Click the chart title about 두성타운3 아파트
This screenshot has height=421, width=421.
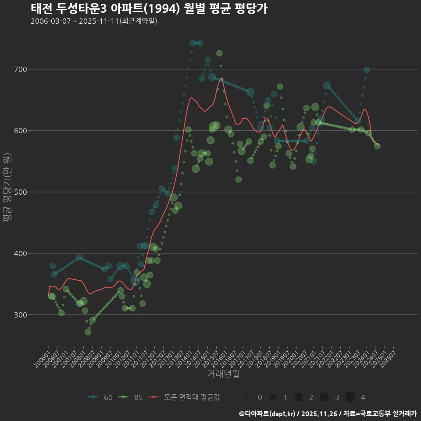149,9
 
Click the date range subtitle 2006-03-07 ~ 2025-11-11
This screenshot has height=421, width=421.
94,21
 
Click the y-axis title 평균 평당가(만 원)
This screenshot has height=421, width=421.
7,189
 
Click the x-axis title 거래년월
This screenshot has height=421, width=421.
223,374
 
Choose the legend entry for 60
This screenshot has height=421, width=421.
100,397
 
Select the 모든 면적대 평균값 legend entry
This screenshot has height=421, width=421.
184,397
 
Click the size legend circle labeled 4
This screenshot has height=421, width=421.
350,397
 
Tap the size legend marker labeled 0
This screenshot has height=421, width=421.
247,397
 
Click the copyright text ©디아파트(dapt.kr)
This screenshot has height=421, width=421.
268,414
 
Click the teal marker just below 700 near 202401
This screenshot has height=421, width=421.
367,70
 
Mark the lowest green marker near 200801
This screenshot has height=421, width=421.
88,332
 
